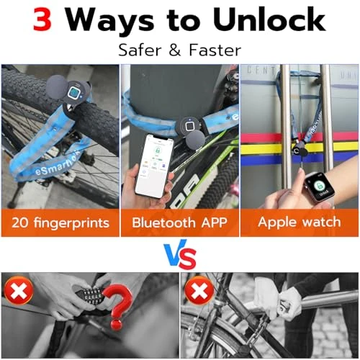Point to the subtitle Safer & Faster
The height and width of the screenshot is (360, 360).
(x=180, y=50)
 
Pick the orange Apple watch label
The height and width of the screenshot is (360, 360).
(x=299, y=222)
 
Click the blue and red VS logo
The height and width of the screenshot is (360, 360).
(x=180, y=255)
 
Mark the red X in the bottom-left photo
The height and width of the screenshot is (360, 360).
(x=17, y=292)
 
